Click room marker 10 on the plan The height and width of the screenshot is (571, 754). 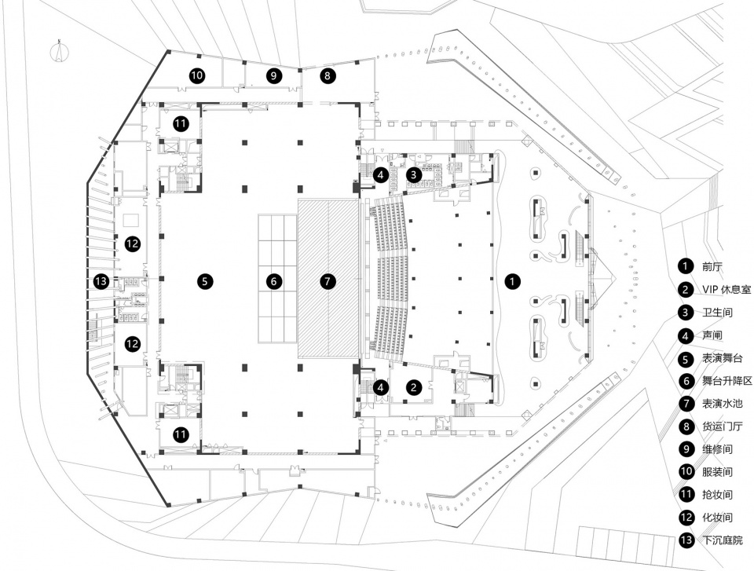pyautogui.click(x=196, y=75)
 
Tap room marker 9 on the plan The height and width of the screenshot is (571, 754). pyautogui.click(x=273, y=75)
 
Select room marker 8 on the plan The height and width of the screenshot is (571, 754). pyautogui.click(x=328, y=75)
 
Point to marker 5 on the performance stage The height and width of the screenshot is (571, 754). pyautogui.click(x=205, y=281)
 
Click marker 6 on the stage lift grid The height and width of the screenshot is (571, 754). pyautogui.click(x=273, y=281)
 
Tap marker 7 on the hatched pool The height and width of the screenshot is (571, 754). pyautogui.click(x=328, y=281)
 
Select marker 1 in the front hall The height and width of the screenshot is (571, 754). pyautogui.click(x=513, y=281)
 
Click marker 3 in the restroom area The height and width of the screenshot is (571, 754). pyautogui.click(x=414, y=174)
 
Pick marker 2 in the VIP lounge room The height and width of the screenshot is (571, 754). pyautogui.click(x=414, y=387)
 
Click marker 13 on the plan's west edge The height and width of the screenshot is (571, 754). pyautogui.click(x=101, y=281)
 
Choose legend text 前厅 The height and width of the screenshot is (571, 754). pyautogui.click(x=712, y=266)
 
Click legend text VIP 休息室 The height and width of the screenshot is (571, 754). pyautogui.click(x=726, y=290)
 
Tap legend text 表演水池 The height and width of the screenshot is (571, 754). pyautogui.click(x=723, y=403)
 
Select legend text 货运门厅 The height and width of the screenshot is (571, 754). pyautogui.click(x=723, y=426)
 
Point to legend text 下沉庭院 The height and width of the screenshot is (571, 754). pyautogui.click(x=723, y=540)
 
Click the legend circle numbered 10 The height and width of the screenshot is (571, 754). pyautogui.click(x=686, y=471)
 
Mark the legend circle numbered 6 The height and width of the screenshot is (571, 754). pyautogui.click(x=686, y=380)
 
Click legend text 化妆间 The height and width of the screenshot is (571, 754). pyautogui.click(x=717, y=518)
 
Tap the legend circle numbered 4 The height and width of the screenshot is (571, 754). pyautogui.click(x=686, y=335)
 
